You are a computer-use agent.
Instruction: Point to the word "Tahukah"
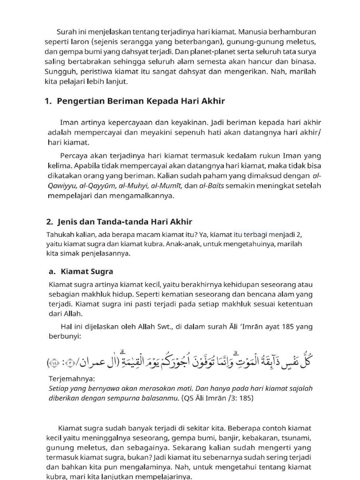tap(60, 234)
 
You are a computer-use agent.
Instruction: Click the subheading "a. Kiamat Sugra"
tap(81, 271)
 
